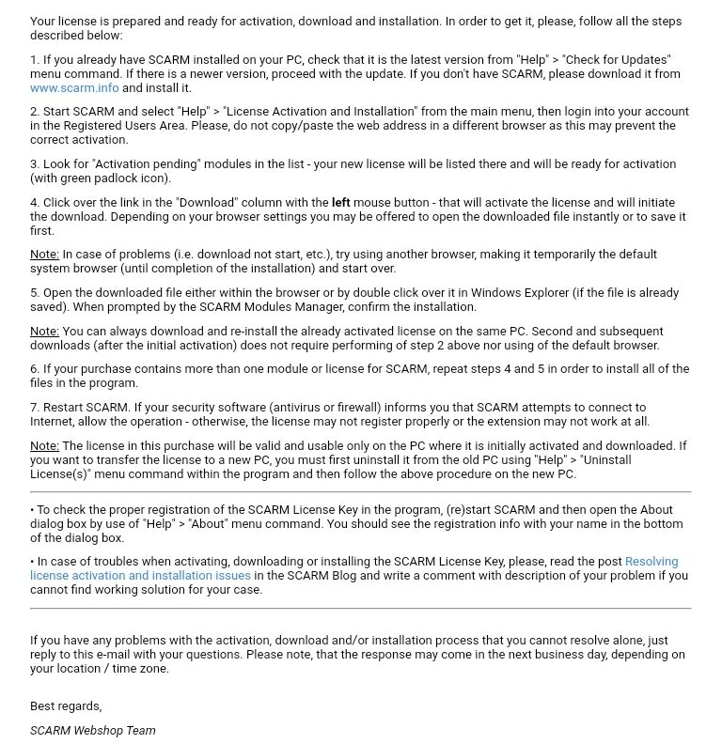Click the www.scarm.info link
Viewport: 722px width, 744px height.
pyautogui.click(x=73, y=87)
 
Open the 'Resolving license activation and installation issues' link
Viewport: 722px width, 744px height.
pyautogui.click(x=140, y=575)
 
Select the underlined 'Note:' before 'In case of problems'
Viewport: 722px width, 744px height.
pyautogui.click(x=44, y=255)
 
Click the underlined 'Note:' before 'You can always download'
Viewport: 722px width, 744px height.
pyautogui.click(x=44, y=332)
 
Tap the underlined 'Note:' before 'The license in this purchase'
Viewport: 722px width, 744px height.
pyautogui.click(x=44, y=446)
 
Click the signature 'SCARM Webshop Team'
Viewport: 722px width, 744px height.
pyautogui.click(x=93, y=730)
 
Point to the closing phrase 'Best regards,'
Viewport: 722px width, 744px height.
pyautogui.click(x=66, y=705)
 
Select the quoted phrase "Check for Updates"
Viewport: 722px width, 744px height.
pyautogui.click(x=618, y=59)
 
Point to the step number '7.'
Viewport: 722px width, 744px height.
pyautogui.click(x=35, y=408)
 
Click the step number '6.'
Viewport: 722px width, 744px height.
pyautogui.click(x=35, y=369)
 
